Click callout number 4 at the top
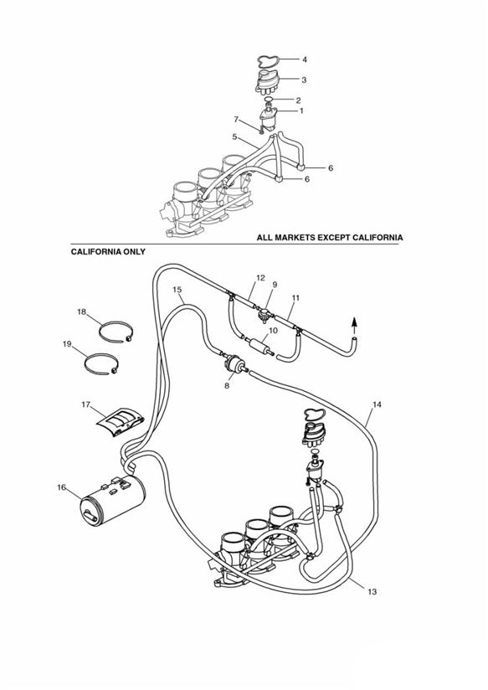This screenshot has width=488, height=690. coord(304,59)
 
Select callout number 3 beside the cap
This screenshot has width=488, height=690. coord(304,80)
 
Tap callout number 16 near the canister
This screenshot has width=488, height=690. coord(62,487)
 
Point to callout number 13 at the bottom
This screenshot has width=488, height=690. coord(372,592)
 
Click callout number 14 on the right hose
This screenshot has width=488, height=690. coord(377,404)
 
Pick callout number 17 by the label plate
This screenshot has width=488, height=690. coord(86,404)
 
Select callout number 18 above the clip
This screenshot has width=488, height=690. coord(82,312)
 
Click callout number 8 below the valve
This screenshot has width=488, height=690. coord(227,386)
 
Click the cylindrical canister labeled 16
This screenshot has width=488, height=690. coord(113,502)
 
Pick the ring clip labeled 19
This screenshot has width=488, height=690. coord(90,358)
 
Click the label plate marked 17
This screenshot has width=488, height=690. coord(121,421)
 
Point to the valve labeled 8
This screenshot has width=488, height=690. coord(235,364)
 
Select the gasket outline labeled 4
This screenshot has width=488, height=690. coord(269,59)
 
